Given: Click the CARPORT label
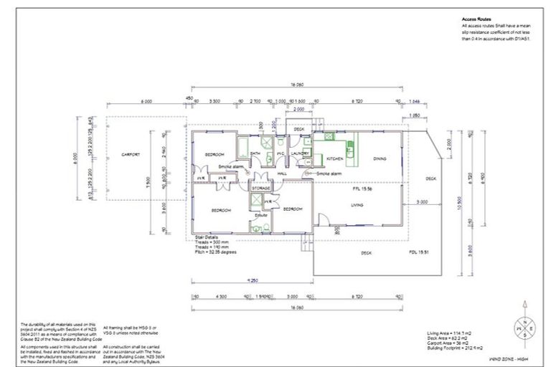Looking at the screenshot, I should (130, 154).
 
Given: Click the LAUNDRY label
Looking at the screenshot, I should (301, 153).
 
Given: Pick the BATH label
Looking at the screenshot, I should (255, 153).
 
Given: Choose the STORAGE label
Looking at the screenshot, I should (260, 188).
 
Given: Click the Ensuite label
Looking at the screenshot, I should (261, 214).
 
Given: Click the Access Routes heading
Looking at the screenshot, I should (476, 20).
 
